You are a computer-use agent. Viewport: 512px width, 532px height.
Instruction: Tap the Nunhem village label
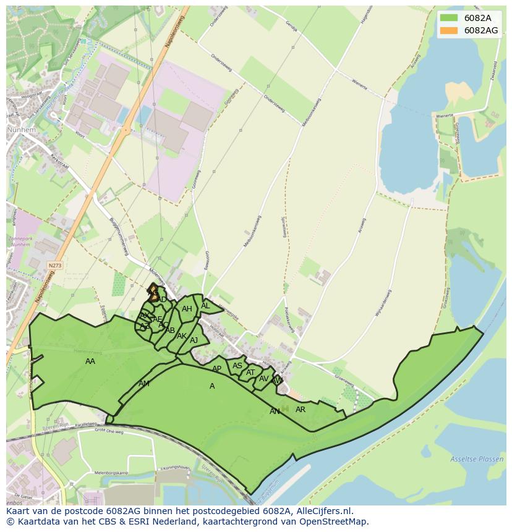[x=22, y=131]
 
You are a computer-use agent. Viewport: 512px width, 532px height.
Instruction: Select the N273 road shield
[x=55, y=265]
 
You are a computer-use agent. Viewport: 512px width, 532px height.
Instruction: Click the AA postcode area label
[x=90, y=361]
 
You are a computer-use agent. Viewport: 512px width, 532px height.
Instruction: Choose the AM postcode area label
[x=144, y=384]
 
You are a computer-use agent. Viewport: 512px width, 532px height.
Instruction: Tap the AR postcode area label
[x=301, y=410]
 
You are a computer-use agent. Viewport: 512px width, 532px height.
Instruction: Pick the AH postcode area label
[x=187, y=309]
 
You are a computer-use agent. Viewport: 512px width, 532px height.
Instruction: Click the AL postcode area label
[x=205, y=306]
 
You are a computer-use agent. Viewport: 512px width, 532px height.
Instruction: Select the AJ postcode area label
[x=194, y=340]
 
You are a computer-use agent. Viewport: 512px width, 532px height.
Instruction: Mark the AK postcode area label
[x=182, y=336]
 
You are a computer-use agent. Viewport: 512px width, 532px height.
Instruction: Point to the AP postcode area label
[x=216, y=369]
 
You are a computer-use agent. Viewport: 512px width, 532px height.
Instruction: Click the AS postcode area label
[x=237, y=366]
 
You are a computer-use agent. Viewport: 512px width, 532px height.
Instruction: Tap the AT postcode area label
[x=250, y=373]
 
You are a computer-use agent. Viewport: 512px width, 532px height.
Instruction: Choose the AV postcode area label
[x=264, y=379]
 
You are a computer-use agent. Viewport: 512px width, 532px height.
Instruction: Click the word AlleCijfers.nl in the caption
[x=322, y=511]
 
